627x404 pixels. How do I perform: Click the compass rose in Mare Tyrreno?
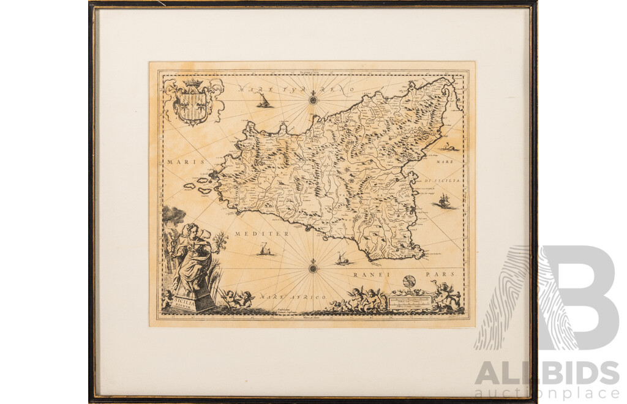[x=313, y=98]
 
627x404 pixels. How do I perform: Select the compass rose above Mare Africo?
[x=313, y=267]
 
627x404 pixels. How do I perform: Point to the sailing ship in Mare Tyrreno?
[x=264, y=101]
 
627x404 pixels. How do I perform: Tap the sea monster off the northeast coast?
[x=449, y=147]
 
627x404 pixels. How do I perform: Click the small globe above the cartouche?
[x=410, y=282]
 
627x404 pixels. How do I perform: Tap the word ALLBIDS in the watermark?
[x=547, y=373]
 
